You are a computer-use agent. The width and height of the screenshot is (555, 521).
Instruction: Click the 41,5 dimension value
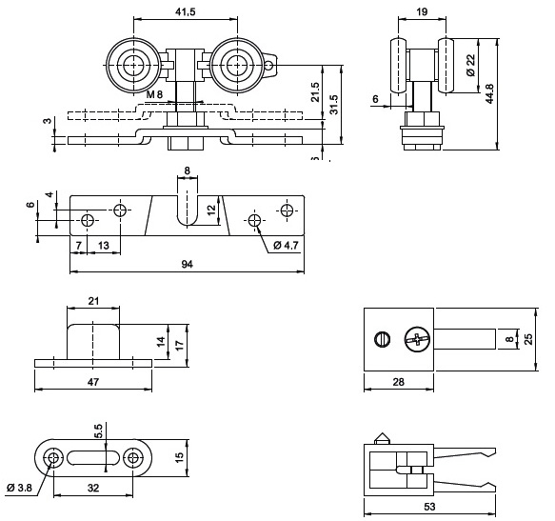(x=185, y=12)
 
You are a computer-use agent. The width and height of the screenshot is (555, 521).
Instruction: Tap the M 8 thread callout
(x=154, y=94)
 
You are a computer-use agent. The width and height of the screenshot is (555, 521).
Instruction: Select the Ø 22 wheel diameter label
(x=470, y=65)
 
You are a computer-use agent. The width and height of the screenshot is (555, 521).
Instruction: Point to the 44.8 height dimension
(x=489, y=93)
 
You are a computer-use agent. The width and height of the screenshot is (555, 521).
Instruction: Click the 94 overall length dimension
(x=188, y=264)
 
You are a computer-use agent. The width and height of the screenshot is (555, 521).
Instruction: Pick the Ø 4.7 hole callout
(x=286, y=245)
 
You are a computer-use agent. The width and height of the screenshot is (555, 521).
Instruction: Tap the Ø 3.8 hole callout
(x=19, y=488)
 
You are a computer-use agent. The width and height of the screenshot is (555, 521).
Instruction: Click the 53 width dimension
(x=429, y=507)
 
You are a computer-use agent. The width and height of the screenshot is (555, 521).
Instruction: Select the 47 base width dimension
(x=93, y=382)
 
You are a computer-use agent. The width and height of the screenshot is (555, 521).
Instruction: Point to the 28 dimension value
(x=399, y=382)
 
